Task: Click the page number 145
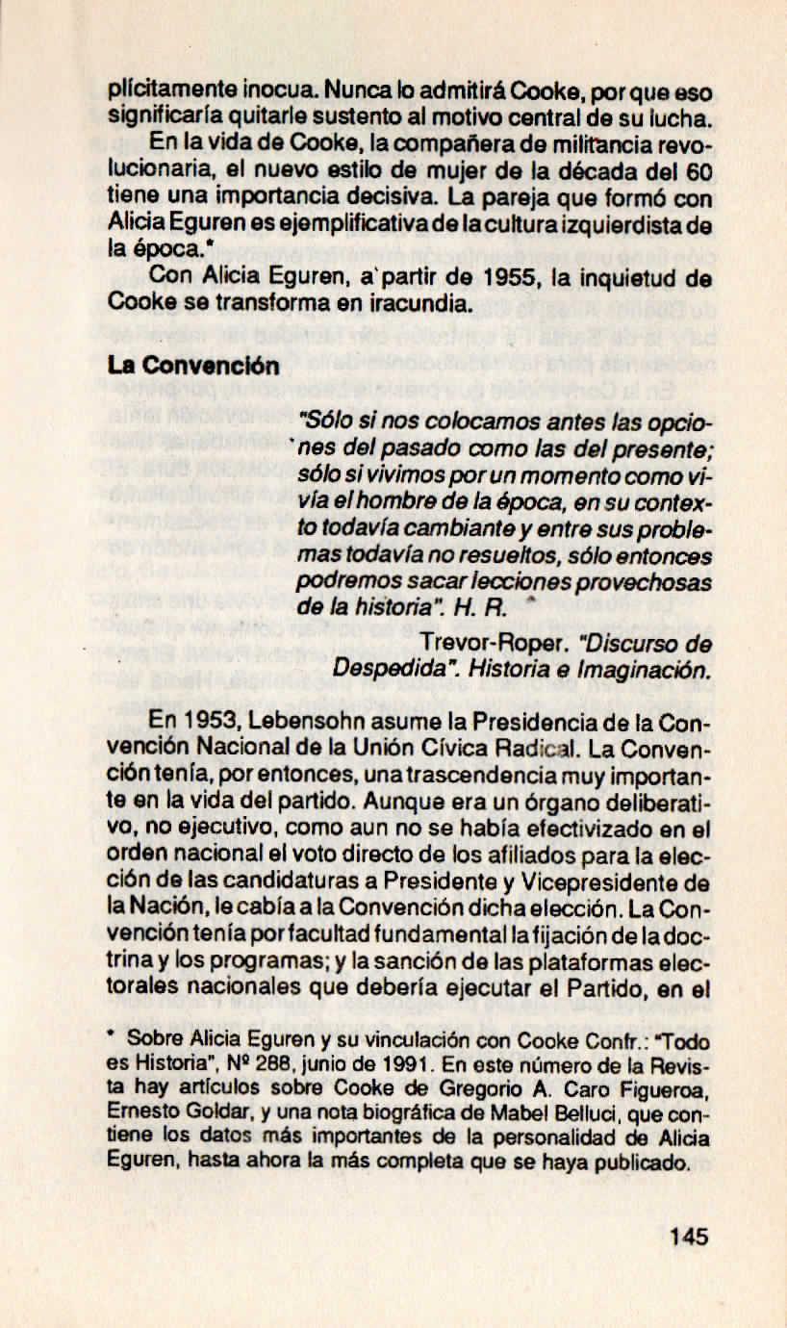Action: coord(688,1236)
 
